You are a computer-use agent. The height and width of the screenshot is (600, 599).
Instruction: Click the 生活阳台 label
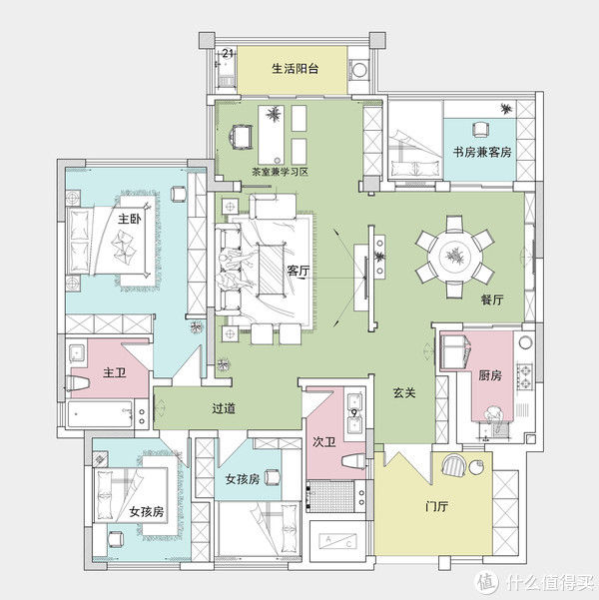tap(296, 69)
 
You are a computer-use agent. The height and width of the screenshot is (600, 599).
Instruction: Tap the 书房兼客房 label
tap(482, 153)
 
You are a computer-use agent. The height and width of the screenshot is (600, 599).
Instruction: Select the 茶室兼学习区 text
tap(280, 172)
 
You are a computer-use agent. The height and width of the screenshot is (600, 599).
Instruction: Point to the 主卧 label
tap(130, 220)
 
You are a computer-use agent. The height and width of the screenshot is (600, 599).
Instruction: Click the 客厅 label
tap(299, 271)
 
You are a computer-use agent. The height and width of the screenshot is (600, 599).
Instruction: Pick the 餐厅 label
tap(492, 300)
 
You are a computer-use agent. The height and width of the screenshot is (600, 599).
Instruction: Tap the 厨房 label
tap(490, 375)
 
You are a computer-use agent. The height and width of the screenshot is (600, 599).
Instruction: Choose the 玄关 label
tap(404, 392)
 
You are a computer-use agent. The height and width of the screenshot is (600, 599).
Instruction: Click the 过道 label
tap(224, 408)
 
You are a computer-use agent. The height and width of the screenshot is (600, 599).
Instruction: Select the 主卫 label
tap(114, 372)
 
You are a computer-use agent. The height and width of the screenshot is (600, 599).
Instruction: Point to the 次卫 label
tap(324, 442)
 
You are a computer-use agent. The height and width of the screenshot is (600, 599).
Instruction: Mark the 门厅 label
tap(436, 506)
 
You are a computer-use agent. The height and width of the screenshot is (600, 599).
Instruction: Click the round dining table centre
tap(455, 256)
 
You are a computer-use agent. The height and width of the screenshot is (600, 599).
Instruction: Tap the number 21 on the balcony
tap(228, 53)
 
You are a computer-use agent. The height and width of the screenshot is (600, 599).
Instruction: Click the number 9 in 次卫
tap(354, 413)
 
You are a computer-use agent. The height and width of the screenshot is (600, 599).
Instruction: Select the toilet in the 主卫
tap(77, 383)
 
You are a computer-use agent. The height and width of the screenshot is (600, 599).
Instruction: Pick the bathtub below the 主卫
tap(100, 413)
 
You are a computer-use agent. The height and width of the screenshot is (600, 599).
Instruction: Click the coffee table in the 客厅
tap(272, 270)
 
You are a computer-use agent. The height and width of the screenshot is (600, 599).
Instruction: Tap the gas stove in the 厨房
tap(524, 376)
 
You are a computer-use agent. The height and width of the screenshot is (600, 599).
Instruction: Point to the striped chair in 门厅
tap(454, 465)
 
